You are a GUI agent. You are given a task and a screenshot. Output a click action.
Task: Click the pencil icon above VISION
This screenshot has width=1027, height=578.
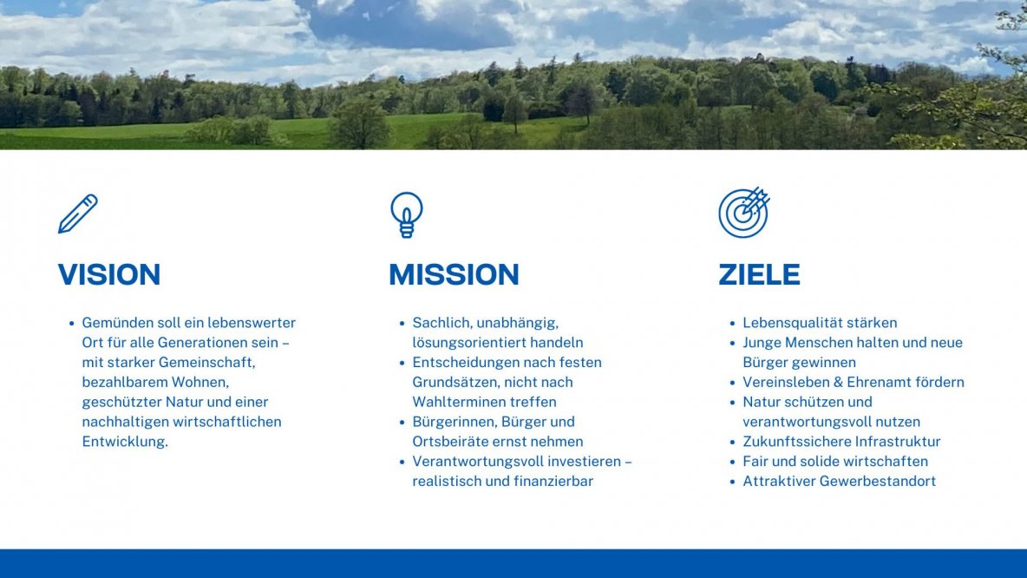77,213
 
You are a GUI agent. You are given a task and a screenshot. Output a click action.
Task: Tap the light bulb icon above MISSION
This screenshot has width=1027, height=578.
406,214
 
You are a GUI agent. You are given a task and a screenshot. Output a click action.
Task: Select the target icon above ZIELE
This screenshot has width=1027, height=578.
743,213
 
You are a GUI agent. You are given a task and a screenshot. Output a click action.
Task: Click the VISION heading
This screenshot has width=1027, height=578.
109,275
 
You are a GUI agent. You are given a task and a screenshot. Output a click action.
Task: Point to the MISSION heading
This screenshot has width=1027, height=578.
454,275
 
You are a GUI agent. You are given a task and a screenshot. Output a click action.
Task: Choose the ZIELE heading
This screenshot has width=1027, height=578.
759,275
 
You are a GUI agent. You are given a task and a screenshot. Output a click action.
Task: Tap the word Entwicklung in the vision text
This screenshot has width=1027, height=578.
124,442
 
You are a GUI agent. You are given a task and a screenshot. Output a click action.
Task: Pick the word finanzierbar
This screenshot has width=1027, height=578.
552,481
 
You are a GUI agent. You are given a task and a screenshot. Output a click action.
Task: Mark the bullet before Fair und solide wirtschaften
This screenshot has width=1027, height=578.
734,462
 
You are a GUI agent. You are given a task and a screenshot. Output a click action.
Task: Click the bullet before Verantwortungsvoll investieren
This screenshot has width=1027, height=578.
403,462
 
